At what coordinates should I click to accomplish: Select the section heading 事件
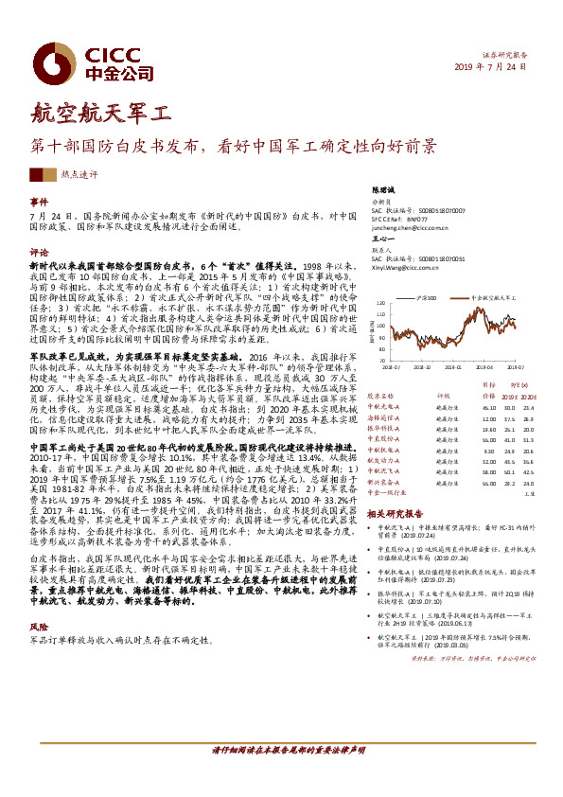[39, 203]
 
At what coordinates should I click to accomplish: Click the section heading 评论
[39, 253]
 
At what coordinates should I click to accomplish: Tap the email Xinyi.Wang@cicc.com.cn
[408, 267]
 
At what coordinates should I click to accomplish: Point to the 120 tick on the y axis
[380, 305]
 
